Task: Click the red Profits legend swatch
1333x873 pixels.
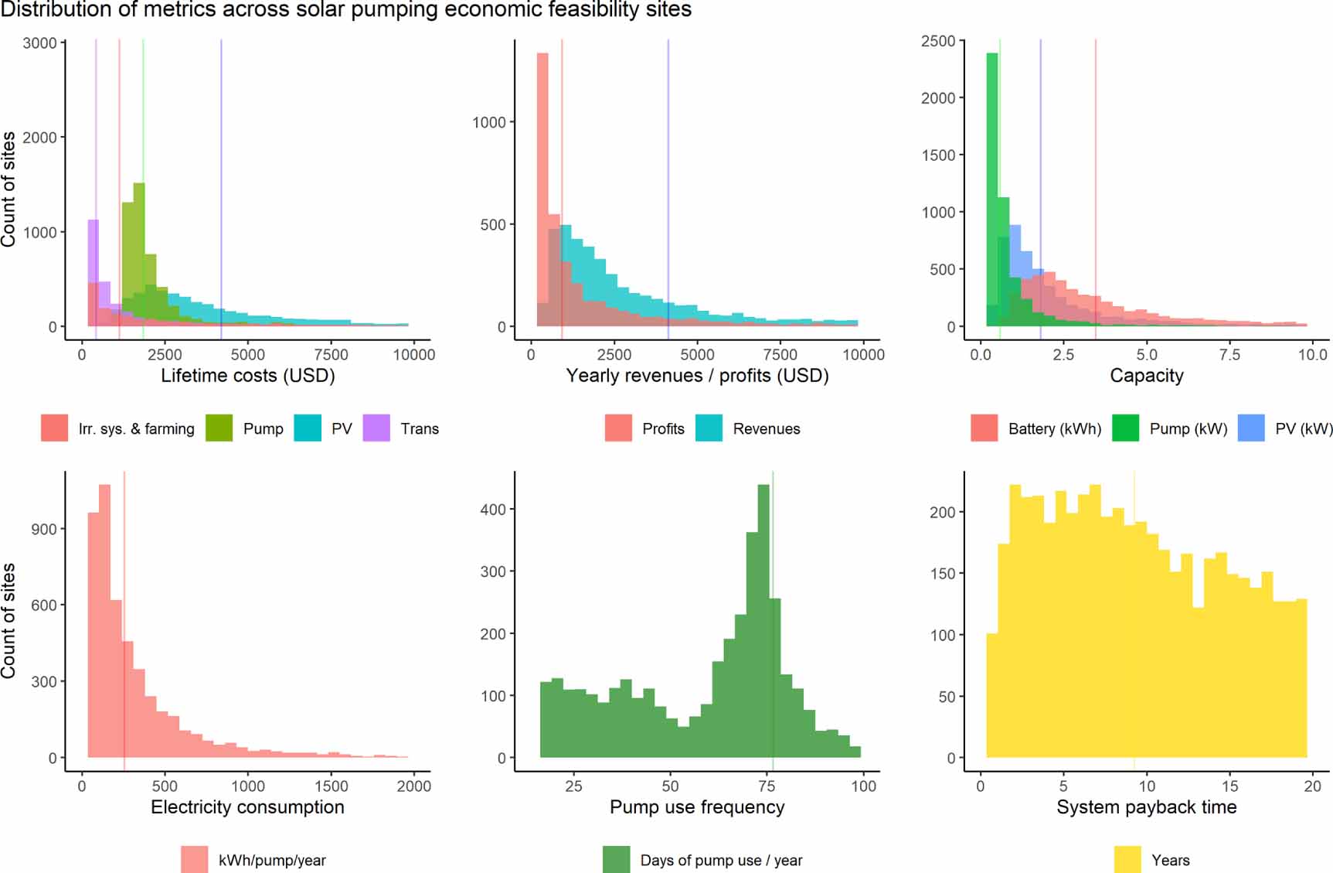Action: click(618, 428)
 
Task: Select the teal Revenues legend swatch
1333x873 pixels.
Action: click(709, 428)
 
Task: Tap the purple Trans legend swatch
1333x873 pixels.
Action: click(376, 428)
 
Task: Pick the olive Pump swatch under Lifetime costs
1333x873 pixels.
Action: click(219, 428)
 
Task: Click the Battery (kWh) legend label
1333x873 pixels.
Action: click(1054, 428)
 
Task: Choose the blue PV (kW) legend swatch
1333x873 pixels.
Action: click(1251, 428)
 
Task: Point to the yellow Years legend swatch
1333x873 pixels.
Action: click(1127, 859)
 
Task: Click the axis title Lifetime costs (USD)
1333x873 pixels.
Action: click(248, 376)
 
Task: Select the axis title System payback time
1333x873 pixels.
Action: click(1146, 807)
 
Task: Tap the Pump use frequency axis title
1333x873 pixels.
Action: click(697, 807)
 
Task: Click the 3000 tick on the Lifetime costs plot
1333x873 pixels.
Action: click(39, 43)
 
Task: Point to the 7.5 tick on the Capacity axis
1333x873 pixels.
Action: click(1229, 355)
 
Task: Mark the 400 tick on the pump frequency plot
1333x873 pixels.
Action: click(492, 510)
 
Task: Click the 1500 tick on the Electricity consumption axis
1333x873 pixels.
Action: click(1103, 786)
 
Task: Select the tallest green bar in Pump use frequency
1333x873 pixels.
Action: click(763, 619)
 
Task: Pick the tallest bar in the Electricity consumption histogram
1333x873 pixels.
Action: click(104, 619)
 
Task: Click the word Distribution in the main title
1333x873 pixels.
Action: click(46, 10)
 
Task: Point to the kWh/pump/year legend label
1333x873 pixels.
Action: click(272, 860)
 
